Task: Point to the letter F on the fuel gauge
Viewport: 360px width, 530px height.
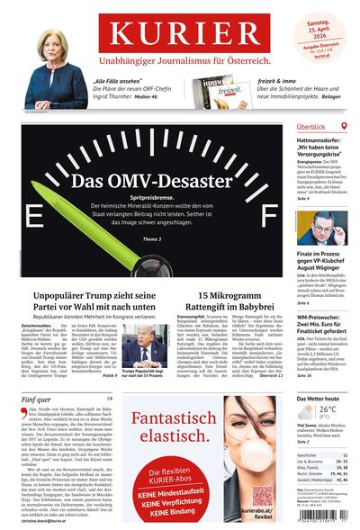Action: click(x=267, y=218)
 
